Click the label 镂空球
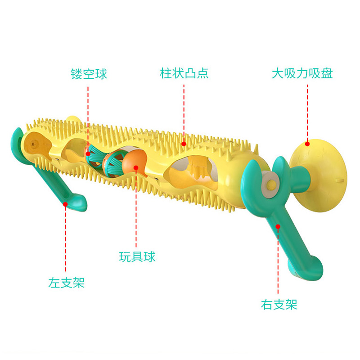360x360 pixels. point(89,74)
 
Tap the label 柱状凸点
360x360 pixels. point(184,73)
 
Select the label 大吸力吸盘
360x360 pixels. point(302,73)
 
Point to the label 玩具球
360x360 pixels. point(137,256)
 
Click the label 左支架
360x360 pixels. point(66,283)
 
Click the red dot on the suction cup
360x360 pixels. point(307,144)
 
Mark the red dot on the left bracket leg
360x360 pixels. point(66,204)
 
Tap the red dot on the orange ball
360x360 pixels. point(136,168)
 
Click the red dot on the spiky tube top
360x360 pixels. point(184,144)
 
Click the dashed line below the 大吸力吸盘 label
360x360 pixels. point(307,112)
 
